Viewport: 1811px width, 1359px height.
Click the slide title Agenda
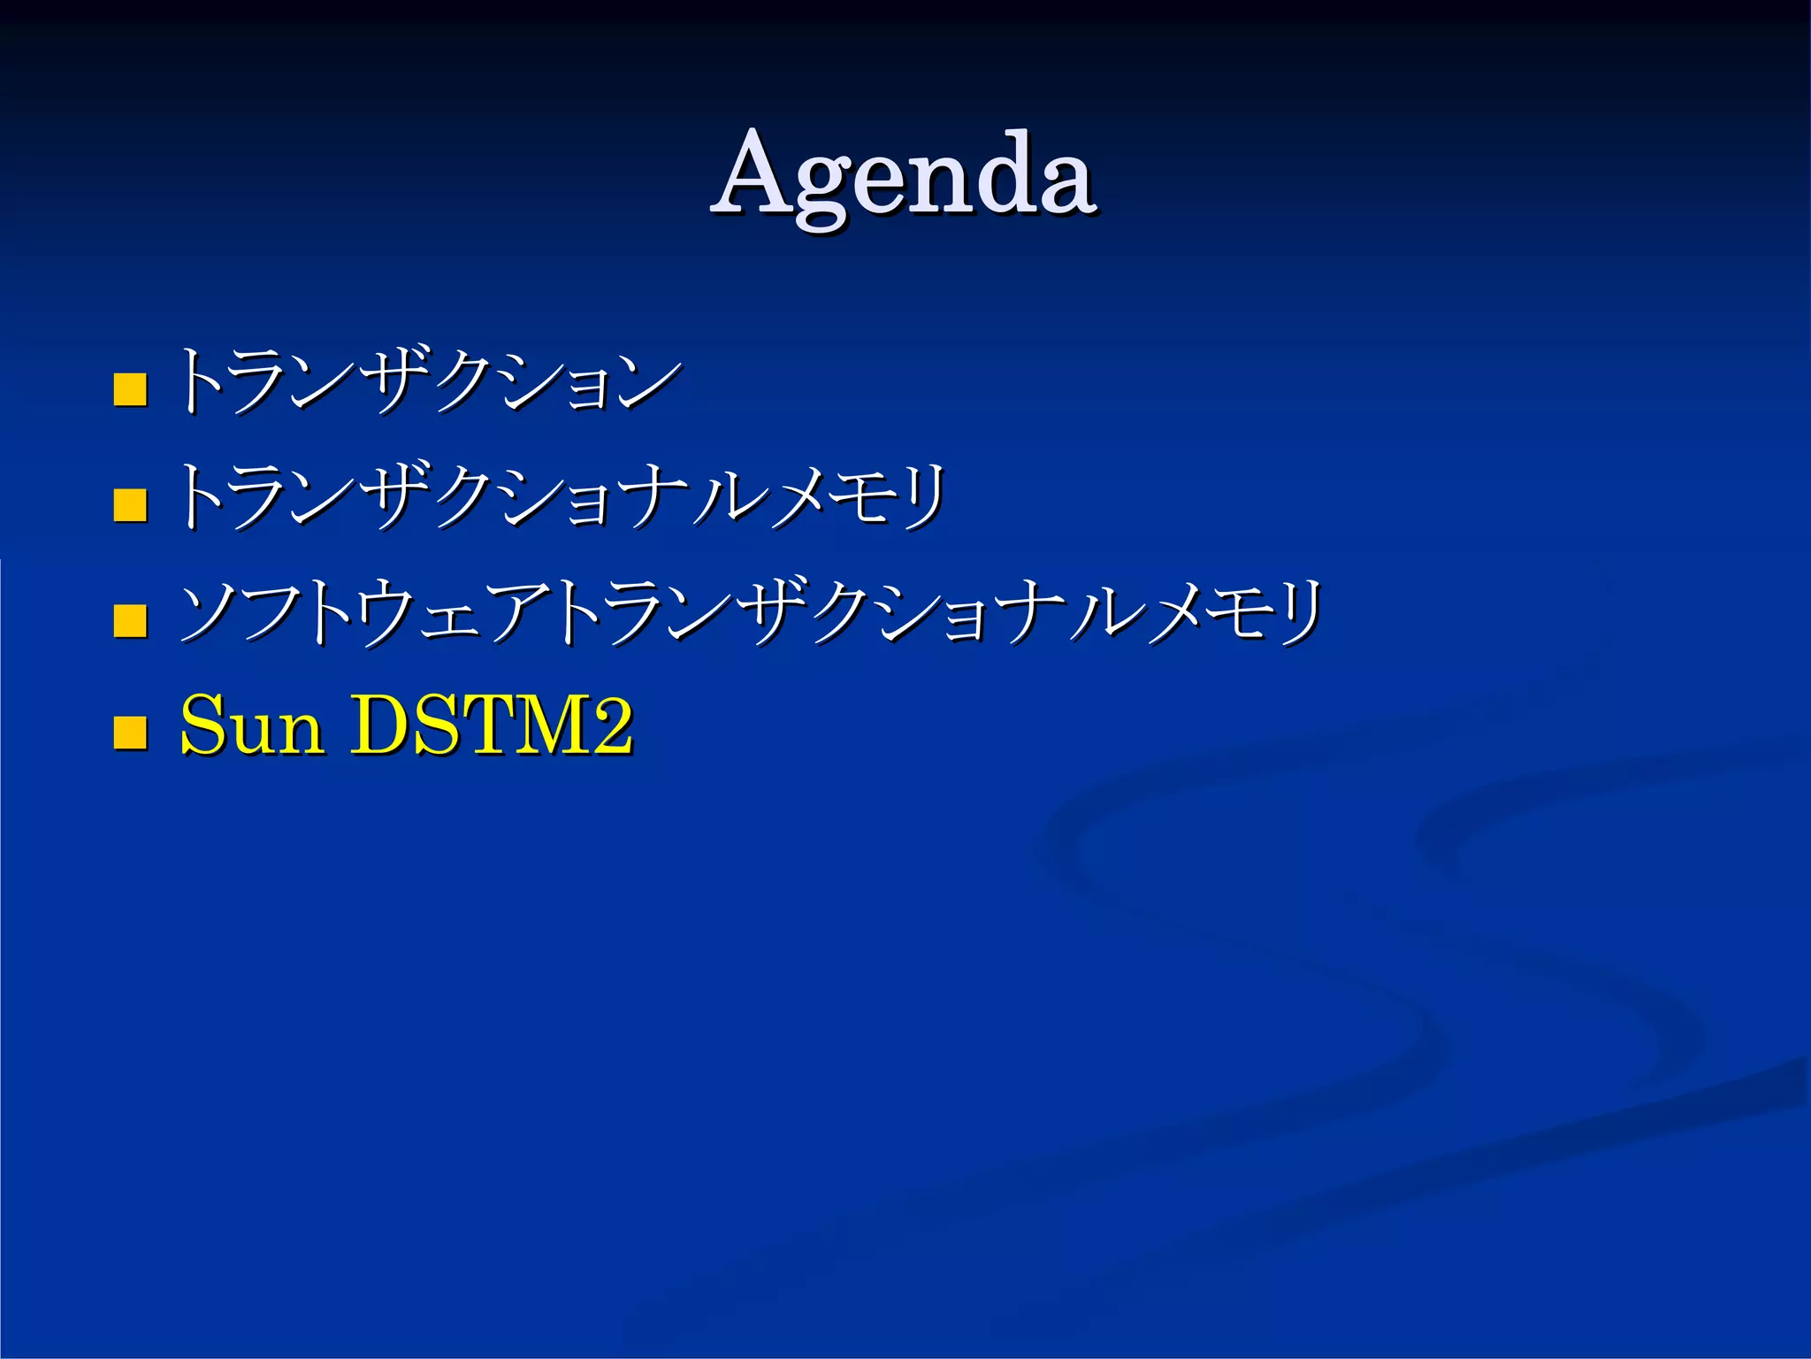pos(904,175)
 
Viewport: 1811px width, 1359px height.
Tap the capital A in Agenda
pos(759,173)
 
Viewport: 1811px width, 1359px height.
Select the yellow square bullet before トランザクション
pos(130,388)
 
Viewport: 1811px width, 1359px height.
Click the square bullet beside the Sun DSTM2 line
pos(130,732)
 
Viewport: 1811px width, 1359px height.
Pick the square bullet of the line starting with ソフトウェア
pos(130,620)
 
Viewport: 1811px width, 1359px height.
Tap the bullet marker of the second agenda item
pos(130,505)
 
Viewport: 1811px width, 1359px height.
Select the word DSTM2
pos(492,726)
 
